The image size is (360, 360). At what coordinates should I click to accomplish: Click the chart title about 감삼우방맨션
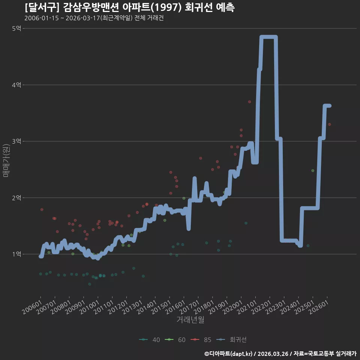[130, 7]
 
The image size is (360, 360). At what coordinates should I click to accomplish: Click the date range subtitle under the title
[94, 18]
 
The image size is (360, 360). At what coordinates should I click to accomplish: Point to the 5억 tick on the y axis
[16, 28]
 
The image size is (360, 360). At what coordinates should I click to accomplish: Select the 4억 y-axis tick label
[16, 85]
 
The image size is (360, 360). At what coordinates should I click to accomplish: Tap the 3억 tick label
[16, 141]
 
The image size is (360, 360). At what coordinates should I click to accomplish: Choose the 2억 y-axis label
[16, 198]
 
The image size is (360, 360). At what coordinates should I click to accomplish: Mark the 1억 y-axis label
[16, 254]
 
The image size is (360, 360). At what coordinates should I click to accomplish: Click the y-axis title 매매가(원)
[6, 161]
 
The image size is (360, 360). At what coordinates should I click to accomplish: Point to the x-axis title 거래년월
[190, 319]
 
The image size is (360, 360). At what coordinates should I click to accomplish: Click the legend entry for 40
[150, 340]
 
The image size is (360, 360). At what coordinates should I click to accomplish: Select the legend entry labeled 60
[175, 340]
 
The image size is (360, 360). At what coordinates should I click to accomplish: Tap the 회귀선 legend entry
[231, 340]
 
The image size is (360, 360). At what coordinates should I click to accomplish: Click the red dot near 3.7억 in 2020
[250, 102]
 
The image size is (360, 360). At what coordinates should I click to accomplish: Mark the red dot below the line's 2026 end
[330, 124]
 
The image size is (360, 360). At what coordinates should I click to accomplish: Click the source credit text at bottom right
[280, 354]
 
